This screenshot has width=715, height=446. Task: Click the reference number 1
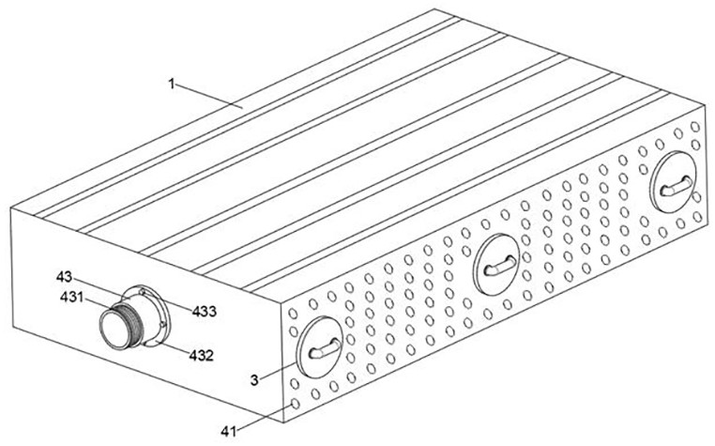click(172, 85)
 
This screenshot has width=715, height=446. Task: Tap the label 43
click(65, 277)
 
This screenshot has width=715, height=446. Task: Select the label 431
click(72, 298)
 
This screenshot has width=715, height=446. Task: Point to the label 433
click(204, 312)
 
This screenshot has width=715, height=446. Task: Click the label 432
click(201, 355)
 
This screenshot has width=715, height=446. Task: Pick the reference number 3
click(255, 380)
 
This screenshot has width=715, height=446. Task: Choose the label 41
click(229, 431)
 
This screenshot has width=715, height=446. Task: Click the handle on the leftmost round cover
click(325, 349)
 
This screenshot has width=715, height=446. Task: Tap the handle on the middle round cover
click(500, 266)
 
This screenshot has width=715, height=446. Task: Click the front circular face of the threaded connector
click(114, 329)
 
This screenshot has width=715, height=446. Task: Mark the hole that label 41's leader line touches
click(295, 404)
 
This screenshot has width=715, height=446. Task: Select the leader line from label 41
click(264, 417)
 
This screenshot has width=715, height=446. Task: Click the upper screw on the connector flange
click(143, 291)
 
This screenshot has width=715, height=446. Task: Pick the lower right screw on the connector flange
click(163, 325)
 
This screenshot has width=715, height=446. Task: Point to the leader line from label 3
click(278, 372)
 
